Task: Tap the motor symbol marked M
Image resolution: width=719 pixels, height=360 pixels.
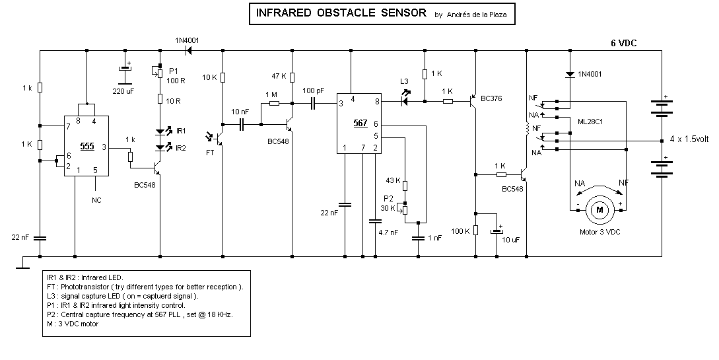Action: (x=599, y=209)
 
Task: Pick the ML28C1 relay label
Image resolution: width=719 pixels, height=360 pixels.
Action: (x=592, y=122)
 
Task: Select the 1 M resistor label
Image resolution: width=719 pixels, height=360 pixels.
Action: (x=271, y=94)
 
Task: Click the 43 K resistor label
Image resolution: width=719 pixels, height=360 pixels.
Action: (x=393, y=181)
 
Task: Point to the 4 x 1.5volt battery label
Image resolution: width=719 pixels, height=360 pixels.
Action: (x=689, y=140)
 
